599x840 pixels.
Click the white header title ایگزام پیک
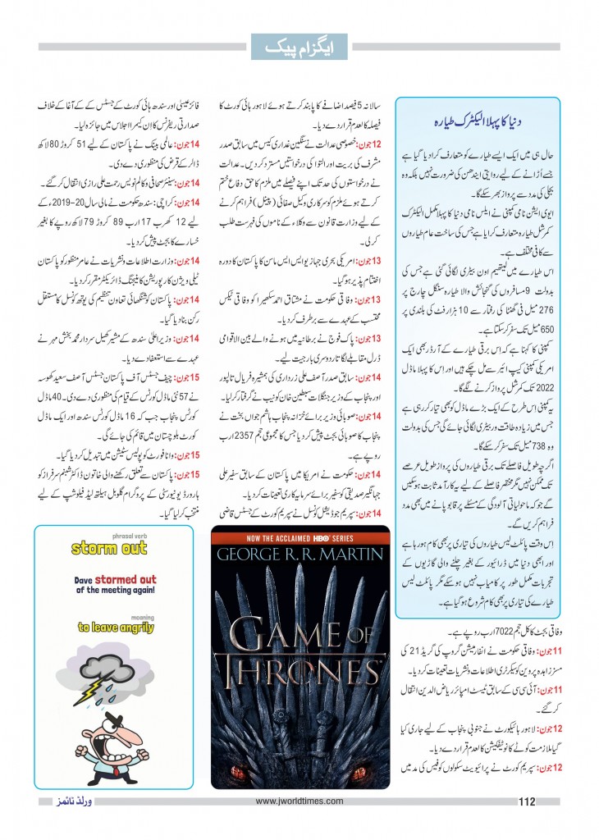click(299, 48)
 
